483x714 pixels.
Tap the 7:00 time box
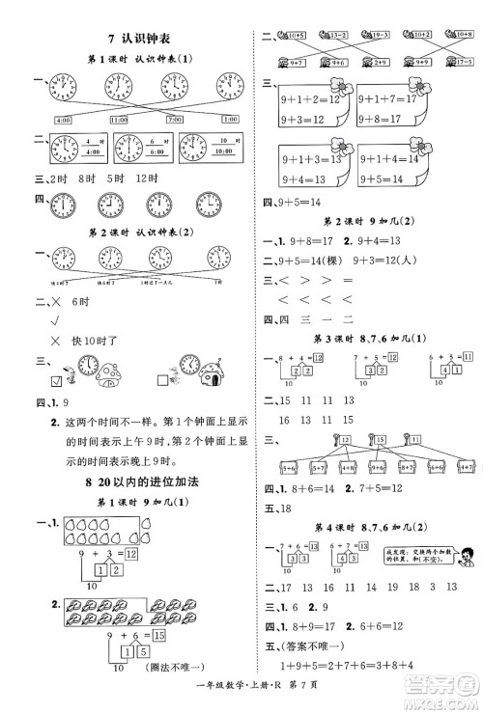[x=176, y=119]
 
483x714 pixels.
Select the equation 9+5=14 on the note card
[x=395, y=179]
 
